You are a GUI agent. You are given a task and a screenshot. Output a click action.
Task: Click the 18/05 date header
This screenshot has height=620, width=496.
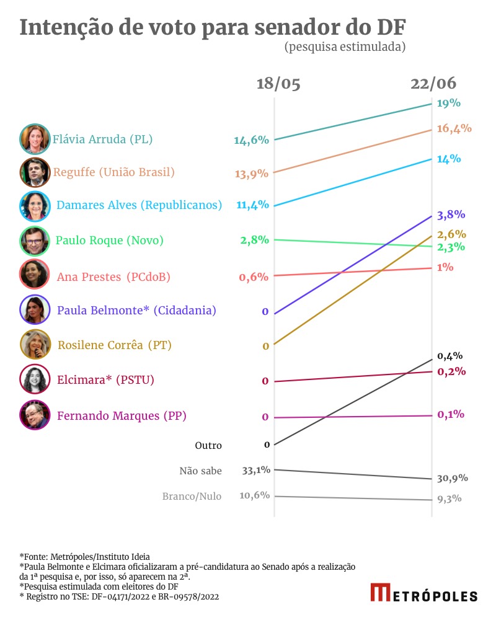(278, 84)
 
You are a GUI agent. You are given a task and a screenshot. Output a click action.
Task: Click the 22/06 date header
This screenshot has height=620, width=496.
(433, 84)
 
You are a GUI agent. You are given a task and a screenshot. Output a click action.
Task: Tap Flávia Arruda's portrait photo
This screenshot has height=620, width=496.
(35, 139)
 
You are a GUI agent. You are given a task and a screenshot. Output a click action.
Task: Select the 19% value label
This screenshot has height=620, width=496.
(449, 103)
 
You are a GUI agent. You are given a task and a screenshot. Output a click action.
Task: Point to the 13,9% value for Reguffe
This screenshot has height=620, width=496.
(252, 174)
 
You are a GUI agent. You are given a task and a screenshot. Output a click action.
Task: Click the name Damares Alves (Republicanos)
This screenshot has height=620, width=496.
(139, 205)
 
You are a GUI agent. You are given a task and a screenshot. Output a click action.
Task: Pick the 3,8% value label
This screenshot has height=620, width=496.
(451, 215)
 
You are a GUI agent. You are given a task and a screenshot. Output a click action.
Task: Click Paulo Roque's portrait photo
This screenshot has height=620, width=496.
(35, 241)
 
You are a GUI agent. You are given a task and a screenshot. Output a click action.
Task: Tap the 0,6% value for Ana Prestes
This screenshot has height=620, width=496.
(254, 277)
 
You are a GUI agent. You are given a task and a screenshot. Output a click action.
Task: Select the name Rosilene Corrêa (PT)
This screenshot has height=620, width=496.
(115, 345)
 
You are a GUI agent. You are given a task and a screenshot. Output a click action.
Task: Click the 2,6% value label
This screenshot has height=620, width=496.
(451, 234)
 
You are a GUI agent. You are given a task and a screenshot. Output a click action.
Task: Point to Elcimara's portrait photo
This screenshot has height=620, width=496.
(35, 379)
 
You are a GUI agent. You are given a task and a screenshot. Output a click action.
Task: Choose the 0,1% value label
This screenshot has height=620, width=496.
(451, 414)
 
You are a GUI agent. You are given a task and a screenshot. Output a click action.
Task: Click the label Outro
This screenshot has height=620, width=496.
(208, 445)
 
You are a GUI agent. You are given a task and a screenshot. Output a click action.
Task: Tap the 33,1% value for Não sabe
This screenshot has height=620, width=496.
(256, 470)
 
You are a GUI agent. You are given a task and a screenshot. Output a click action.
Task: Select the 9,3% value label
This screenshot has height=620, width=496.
(449, 498)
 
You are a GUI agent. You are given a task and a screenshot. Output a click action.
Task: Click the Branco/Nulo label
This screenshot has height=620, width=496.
(192, 496)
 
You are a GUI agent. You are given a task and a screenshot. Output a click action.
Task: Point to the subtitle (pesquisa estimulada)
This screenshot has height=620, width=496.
(345, 47)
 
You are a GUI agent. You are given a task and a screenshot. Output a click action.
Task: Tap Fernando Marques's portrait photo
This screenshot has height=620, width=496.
(35, 415)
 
